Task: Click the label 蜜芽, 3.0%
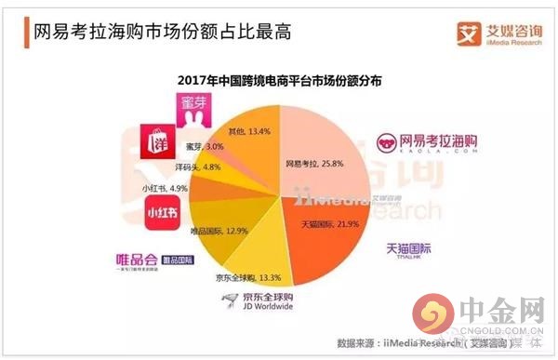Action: coord(206,146)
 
